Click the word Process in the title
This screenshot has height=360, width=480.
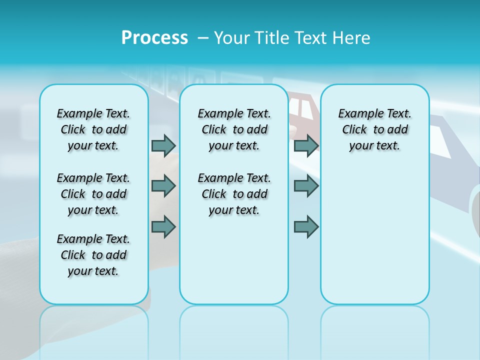(154, 37)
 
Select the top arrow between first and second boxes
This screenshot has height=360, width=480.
(163, 145)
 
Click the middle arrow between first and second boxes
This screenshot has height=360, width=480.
(163, 186)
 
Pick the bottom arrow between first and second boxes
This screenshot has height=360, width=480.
(163, 226)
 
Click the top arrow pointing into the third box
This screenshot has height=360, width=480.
(306, 145)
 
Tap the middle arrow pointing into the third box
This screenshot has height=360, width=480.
(306, 186)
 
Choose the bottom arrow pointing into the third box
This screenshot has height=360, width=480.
(306, 226)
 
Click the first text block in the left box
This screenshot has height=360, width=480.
(93, 129)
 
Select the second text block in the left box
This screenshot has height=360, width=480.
(93, 194)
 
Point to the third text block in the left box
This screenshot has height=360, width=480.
(93, 255)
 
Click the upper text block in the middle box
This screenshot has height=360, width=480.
(234, 129)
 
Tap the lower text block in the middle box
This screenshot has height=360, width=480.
(234, 194)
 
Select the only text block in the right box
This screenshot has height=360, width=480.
(374, 129)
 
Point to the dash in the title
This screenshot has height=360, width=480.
(203, 38)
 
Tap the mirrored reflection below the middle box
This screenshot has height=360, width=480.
(234, 330)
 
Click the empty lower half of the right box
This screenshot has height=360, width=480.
(374, 240)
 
